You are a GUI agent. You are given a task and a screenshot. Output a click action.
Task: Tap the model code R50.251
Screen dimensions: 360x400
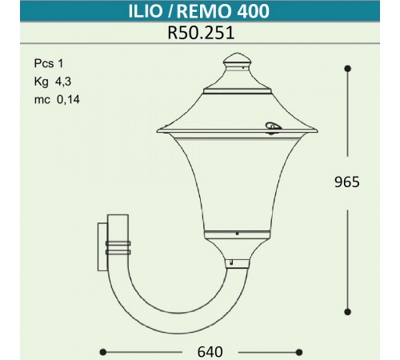[x=199, y=34]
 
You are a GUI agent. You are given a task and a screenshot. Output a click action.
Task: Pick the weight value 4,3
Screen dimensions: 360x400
[x=62, y=82]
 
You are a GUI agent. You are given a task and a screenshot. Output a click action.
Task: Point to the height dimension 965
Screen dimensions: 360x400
[x=348, y=182]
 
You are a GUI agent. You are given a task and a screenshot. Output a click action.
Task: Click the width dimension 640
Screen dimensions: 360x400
[x=200, y=351]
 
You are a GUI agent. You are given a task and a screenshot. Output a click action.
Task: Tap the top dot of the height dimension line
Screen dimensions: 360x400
[x=348, y=70]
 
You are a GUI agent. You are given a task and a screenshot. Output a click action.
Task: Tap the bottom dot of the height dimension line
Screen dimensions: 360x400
[x=348, y=311]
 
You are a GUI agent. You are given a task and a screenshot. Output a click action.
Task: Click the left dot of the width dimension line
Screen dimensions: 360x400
[x=103, y=351]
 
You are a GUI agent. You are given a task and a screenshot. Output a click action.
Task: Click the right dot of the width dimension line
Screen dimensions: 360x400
[x=298, y=351]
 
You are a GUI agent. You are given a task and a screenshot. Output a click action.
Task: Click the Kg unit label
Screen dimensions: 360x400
[x=40, y=82]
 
